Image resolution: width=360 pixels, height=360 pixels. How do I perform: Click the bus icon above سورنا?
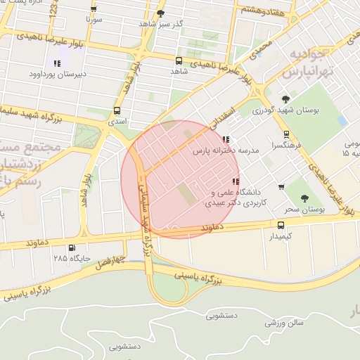pos(94,8)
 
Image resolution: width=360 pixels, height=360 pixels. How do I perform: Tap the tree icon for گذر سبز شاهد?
pos(160,13)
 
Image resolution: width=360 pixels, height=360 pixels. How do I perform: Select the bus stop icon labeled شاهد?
pos(178,60)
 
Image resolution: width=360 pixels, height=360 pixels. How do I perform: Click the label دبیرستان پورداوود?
pos(58,74)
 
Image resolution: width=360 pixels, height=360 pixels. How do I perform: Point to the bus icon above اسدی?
pos(116,110)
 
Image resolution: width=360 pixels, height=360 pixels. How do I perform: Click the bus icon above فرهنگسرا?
pos(285,134)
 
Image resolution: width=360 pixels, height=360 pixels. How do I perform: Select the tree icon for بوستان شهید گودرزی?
pos(285,99)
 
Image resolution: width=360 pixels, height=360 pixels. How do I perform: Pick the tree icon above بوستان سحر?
pos(305,199)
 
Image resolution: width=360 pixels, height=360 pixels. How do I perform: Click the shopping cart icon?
pos(281,187)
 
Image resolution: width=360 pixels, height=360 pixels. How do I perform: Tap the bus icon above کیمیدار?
pos(281,226)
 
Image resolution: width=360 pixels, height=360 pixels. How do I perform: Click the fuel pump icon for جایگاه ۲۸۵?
pos(71,247)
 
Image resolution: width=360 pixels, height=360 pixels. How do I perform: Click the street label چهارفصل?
pos(110,262)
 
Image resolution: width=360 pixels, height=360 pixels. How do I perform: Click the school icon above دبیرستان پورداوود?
pos(57,63)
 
